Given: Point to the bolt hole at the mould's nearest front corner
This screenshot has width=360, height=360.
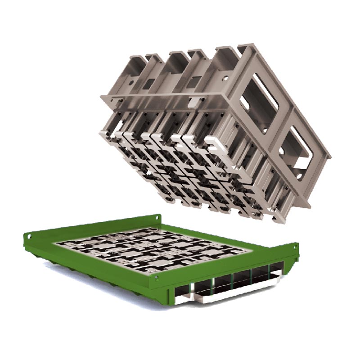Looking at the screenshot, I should pos(156,278).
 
